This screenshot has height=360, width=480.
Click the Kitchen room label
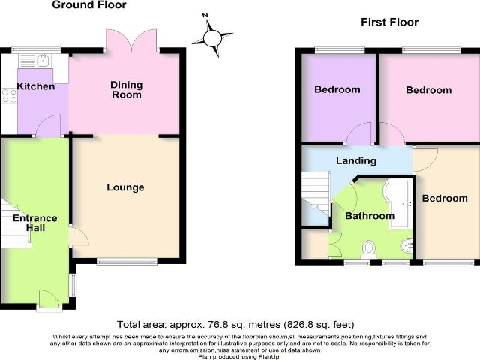pyautogui.click(x=36, y=86)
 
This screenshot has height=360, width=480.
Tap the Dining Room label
pyautogui.click(x=127, y=89)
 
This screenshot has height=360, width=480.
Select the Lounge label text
pyautogui.click(x=125, y=187)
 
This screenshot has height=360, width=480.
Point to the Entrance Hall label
pyautogui.click(x=35, y=223)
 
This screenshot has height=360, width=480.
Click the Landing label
pyautogui.click(x=356, y=161)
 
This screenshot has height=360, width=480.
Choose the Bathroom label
pyautogui.click(x=370, y=216)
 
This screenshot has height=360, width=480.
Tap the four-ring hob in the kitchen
pyautogui.click(x=9, y=95)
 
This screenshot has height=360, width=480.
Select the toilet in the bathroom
pyautogui.click(x=369, y=248)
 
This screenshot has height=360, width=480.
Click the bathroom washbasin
pyautogui.click(x=406, y=245)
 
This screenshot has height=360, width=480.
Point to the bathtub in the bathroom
pyautogui.click(x=397, y=204)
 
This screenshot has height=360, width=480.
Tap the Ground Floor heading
pyautogui.click(x=89, y=5)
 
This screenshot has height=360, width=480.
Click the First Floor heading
pyautogui.click(x=390, y=22)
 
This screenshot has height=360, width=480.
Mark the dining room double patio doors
pyautogui.click(x=132, y=40)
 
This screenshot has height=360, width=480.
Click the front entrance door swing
pyautogui.click(x=49, y=298)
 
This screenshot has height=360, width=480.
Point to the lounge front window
pyautogui.click(x=127, y=261)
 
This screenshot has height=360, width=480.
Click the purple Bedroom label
pyautogui.click(x=337, y=89)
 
